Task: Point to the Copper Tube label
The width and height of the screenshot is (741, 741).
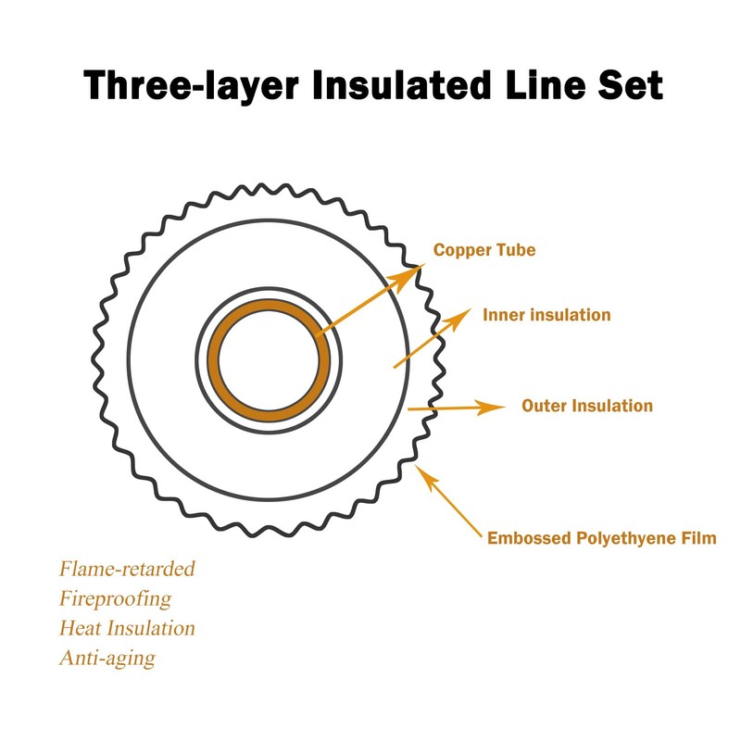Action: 484,250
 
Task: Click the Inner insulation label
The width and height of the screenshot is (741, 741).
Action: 546,315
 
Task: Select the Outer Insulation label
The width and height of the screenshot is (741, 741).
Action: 587,406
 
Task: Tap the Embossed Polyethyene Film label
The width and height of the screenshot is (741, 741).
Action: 601,538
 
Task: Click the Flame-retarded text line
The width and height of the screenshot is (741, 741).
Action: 127,569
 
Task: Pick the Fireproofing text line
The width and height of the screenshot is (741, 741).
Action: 115,598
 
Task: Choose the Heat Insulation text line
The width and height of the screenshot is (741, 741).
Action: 127,628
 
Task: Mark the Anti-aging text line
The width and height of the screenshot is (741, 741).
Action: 107,659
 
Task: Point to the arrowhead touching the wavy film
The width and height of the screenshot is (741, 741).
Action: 423,473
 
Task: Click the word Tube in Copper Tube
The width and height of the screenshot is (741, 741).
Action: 515,250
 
